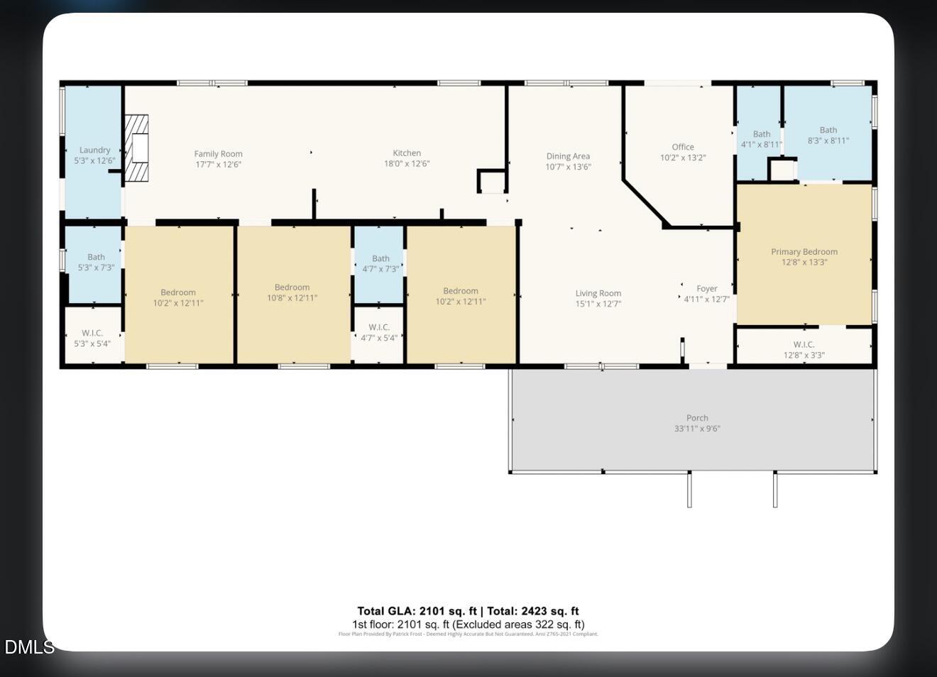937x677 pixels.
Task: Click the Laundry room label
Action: (94, 150)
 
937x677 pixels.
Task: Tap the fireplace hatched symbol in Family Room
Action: (137, 148)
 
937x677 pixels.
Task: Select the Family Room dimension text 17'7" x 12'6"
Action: (219, 164)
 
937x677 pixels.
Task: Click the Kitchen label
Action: (407, 153)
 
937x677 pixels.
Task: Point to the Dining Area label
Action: (568, 157)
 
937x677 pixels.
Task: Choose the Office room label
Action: (683, 148)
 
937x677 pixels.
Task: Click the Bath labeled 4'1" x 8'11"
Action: (761, 139)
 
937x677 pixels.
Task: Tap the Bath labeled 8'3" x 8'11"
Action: (828, 135)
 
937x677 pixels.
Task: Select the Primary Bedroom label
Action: (804, 252)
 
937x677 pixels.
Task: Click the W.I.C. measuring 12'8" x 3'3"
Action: (804, 350)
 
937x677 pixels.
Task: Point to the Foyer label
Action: (706, 289)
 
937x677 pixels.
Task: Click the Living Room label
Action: (598, 294)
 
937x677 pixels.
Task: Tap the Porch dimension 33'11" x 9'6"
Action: (697, 429)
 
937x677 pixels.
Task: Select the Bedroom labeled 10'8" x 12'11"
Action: (292, 292)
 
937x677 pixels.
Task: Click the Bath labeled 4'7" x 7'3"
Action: (380, 263)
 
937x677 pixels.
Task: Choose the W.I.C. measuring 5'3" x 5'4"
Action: (92, 338)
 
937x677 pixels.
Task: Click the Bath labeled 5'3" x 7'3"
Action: (96, 262)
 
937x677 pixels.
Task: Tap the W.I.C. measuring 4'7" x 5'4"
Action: (379, 333)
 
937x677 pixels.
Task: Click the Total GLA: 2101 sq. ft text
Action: (417, 611)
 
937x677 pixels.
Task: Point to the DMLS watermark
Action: (28, 647)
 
